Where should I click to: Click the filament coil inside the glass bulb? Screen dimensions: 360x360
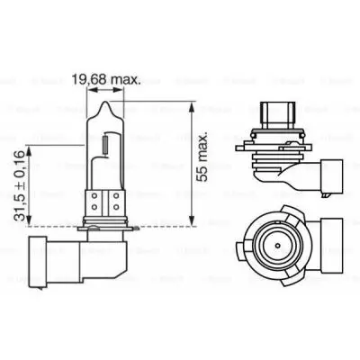[x=105, y=142]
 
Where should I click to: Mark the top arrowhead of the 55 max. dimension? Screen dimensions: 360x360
[x=191, y=105]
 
